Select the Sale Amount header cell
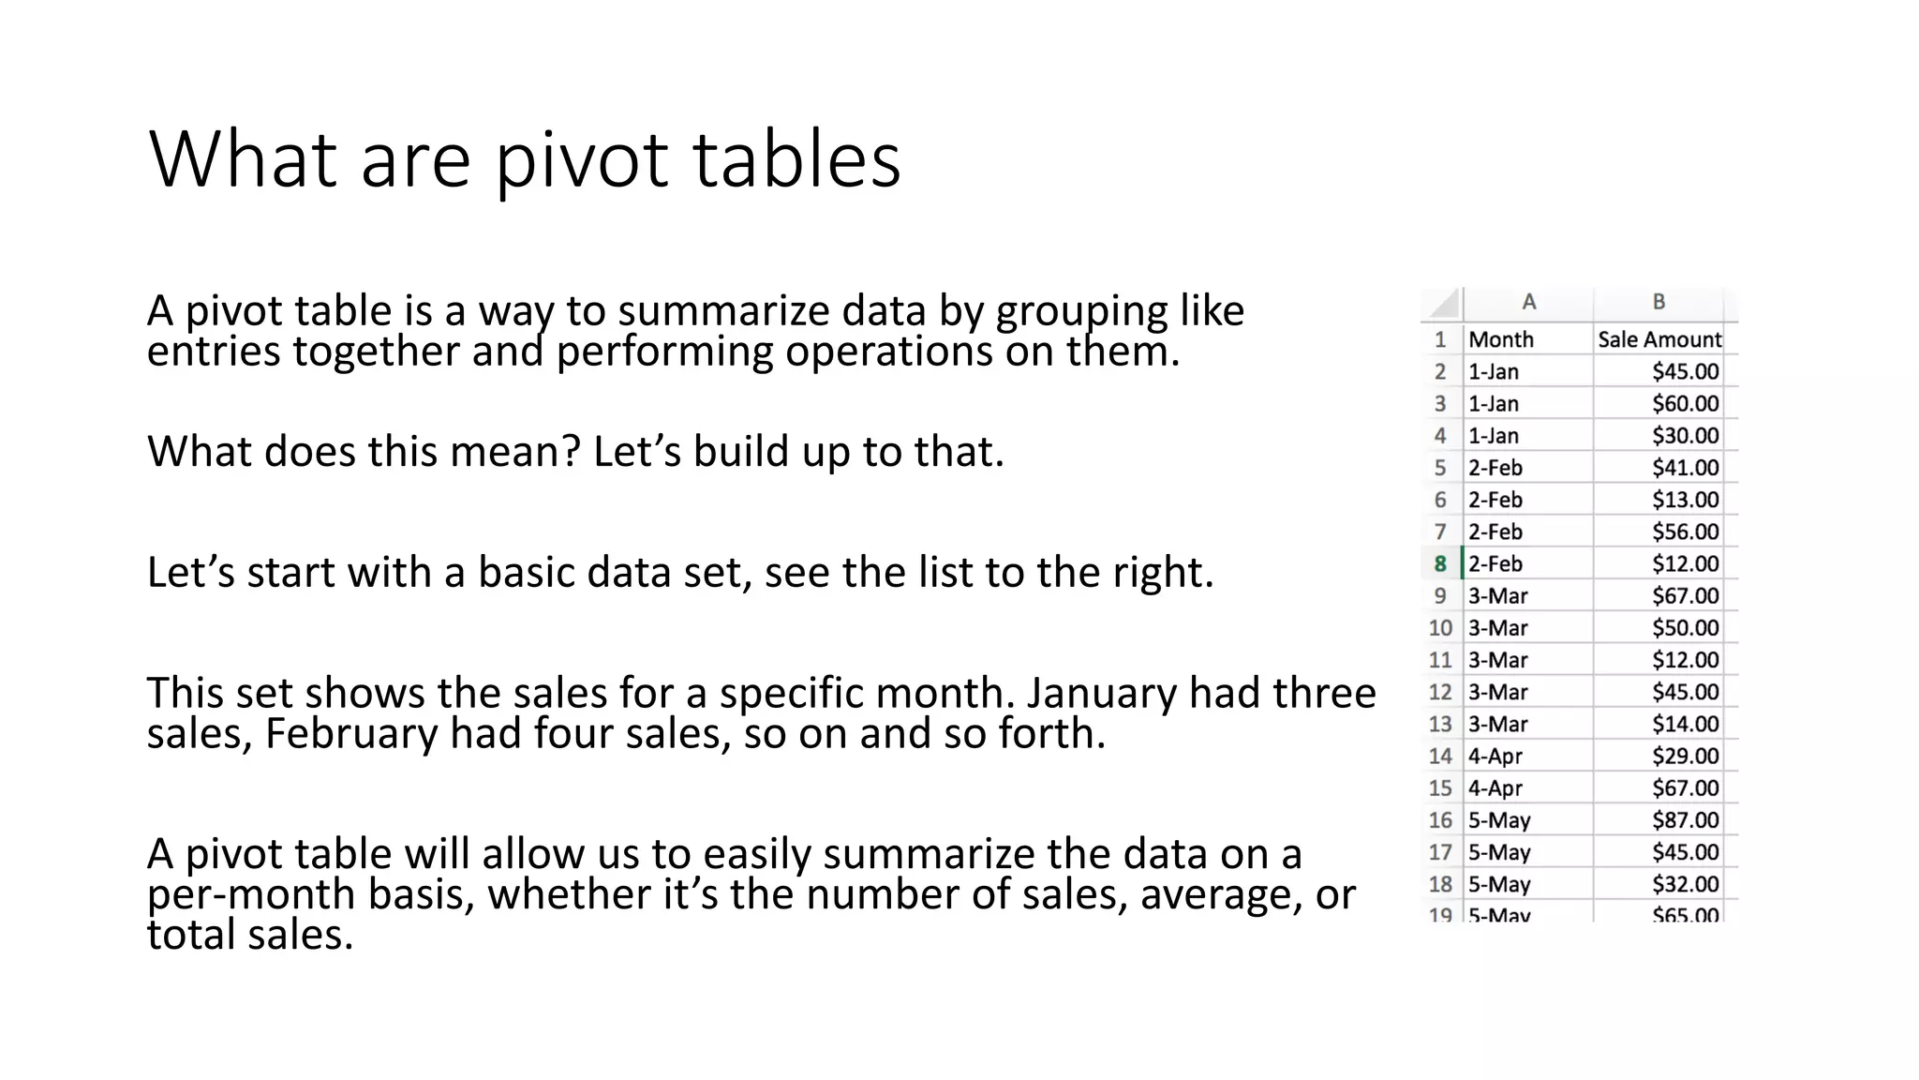(x=1659, y=339)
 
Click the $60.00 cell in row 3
(x=1685, y=404)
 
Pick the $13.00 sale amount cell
(x=1685, y=500)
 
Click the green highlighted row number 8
(x=1440, y=564)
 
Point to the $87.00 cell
(x=1685, y=820)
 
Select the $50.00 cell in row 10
(x=1685, y=628)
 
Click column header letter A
(x=1528, y=302)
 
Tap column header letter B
(x=1659, y=302)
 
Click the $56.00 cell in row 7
(x=1685, y=532)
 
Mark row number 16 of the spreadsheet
(x=1440, y=820)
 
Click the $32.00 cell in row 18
(x=1685, y=884)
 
